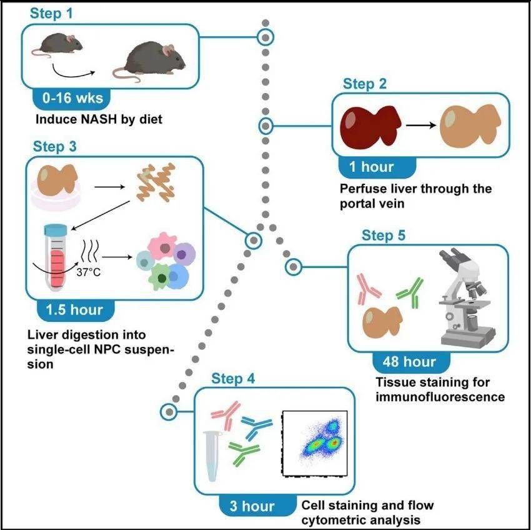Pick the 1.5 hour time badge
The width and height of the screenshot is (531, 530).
click(x=74, y=309)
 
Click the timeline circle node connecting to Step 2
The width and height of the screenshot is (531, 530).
click(x=266, y=126)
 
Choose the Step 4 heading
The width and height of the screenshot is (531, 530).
click(x=233, y=379)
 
